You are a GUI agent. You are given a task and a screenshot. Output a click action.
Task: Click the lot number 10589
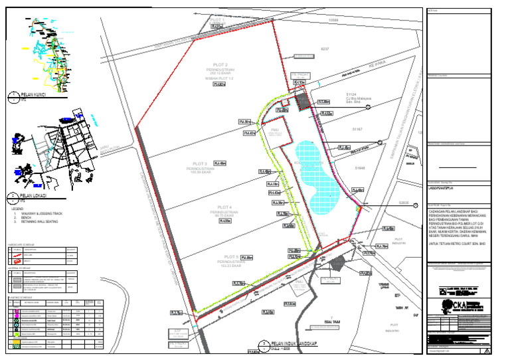pyautogui.click(x=334, y=21)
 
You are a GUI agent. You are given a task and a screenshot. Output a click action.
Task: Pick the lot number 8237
pyautogui.click(x=325, y=49)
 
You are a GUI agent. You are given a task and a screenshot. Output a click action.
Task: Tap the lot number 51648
pyautogui.click(x=361, y=169)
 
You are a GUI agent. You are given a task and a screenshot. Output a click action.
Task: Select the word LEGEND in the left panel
pyautogui.click(x=18, y=209)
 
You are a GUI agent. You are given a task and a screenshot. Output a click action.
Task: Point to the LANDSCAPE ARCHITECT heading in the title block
pyautogui.click(x=447, y=188)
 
